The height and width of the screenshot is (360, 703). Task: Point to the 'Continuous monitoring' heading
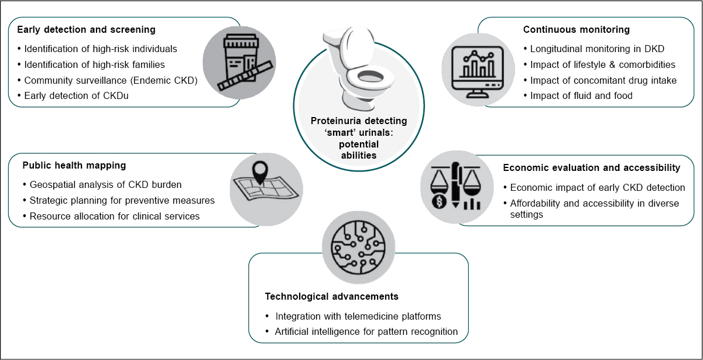click(x=577, y=29)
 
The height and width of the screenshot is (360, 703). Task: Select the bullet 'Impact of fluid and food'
click(x=581, y=96)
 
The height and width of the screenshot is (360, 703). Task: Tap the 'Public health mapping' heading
click(x=74, y=165)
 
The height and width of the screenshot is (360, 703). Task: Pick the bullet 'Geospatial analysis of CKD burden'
click(x=105, y=184)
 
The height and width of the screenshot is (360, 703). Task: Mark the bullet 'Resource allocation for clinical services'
click(x=115, y=216)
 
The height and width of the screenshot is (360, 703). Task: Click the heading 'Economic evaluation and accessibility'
click(x=592, y=168)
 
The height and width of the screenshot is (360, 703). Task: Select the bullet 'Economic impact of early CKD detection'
click(x=598, y=188)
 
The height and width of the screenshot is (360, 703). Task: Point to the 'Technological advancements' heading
click(x=331, y=296)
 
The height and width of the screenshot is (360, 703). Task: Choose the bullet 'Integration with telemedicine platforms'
click(x=358, y=316)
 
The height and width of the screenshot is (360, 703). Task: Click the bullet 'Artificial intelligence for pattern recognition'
click(x=366, y=332)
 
